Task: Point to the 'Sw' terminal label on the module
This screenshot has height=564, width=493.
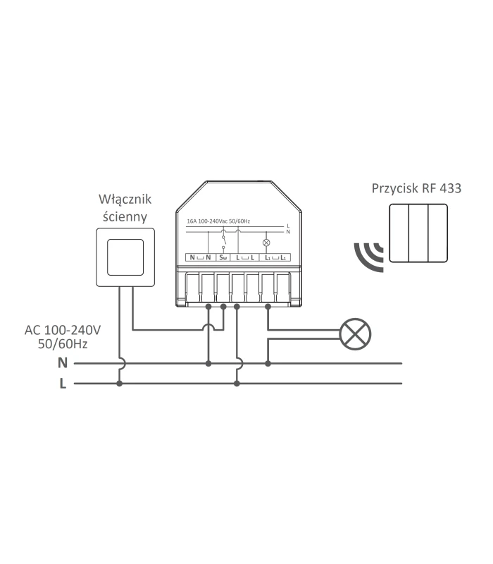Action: pyautogui.click(x=223, y=258)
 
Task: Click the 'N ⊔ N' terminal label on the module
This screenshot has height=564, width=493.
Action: pyautogui.click(x=199, y=258)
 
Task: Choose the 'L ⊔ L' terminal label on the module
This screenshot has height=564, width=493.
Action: pyautogui.click(x=245, y=258)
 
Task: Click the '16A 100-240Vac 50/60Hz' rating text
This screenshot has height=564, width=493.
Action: pyautogui.click(x=218, y=221)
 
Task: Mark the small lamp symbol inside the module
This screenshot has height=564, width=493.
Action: pyautogui.click(x=266, y=242)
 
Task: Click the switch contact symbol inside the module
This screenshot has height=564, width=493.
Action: pyautogui.click(x=224, y=240)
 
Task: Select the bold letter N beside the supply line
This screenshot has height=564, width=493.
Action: pyautogui.click(x=62, y=364)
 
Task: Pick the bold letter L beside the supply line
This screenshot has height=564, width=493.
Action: pyautogui.click(x=63, y=384)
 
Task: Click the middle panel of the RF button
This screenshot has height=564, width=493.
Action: pyautogui.click(x=418, y=233)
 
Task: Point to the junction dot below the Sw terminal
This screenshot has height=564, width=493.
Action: pyautogui.click(x=223, y=307)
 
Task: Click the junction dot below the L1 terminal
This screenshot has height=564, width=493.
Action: pyautogui.click(x=268, y=307)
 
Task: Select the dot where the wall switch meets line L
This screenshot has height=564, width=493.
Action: pyautogui.click(x=119, y=384)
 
